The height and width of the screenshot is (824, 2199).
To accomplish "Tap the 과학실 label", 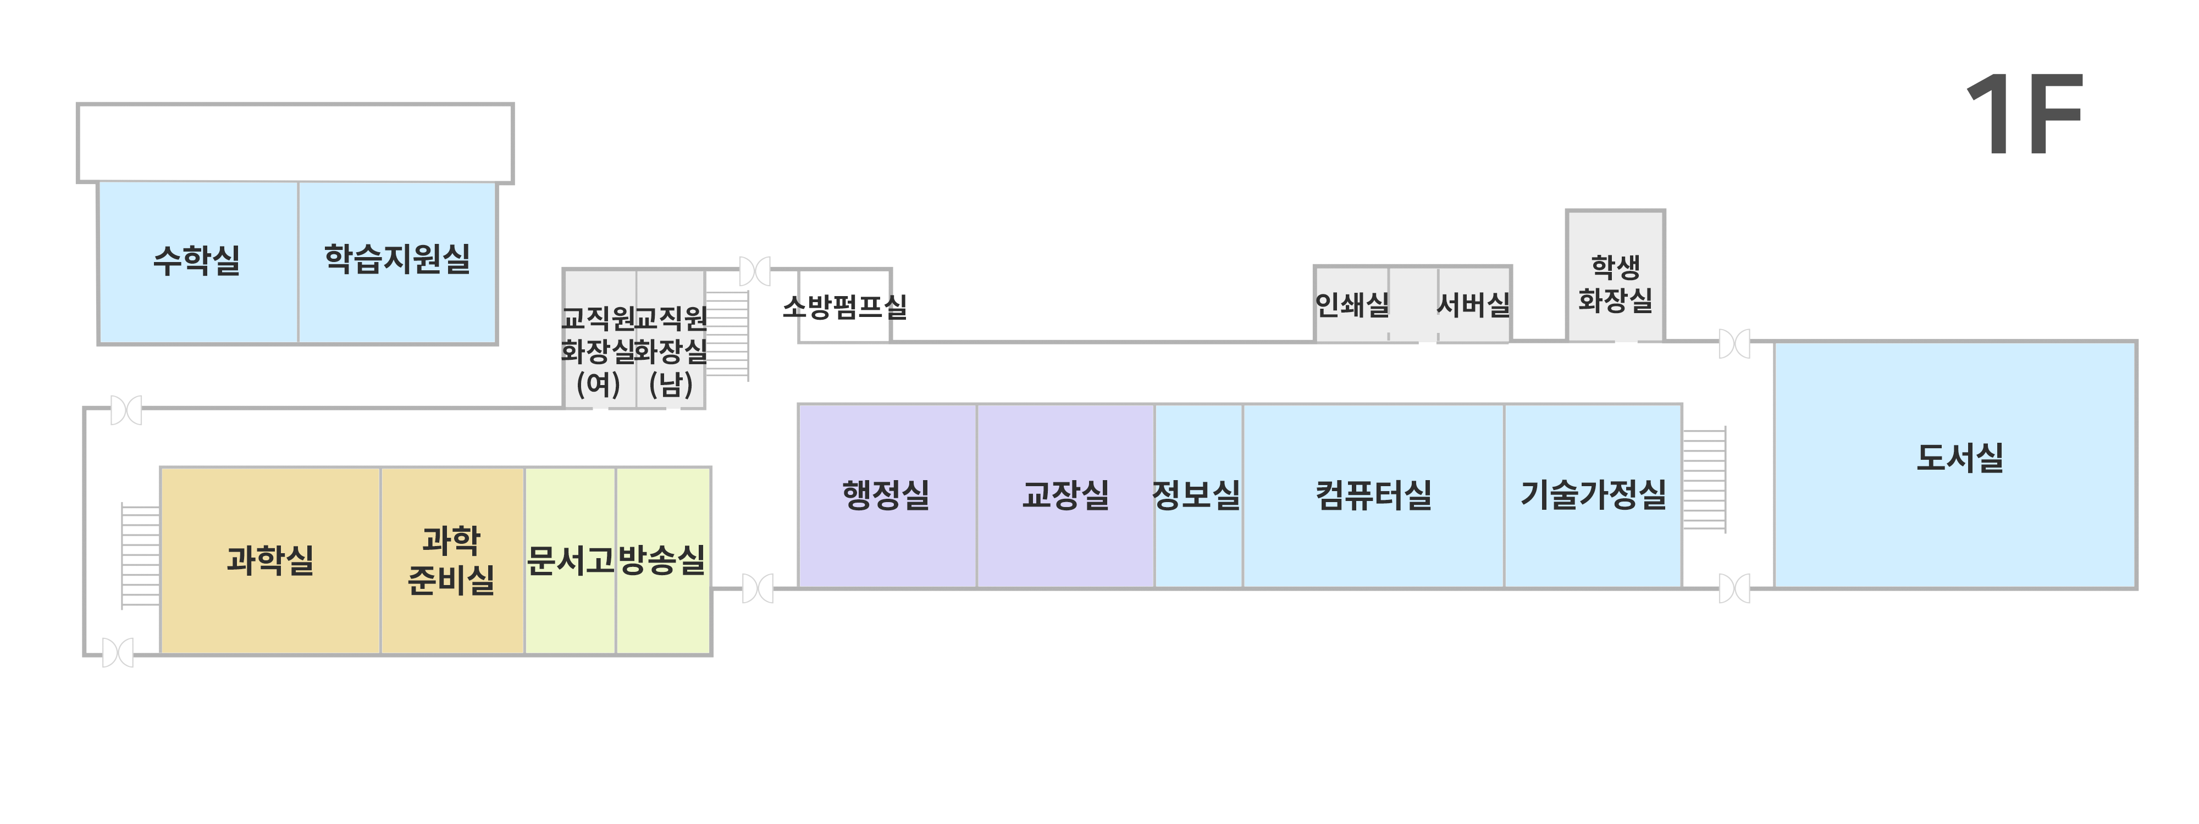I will tap(270, 560).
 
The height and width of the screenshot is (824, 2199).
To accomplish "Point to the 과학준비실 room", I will tap(451, 560).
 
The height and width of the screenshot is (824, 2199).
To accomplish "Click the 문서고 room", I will tap(570, 560).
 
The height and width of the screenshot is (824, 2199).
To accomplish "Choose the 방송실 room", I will tap(662, 560).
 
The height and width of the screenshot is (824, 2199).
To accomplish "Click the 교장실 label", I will tap(1065, 495).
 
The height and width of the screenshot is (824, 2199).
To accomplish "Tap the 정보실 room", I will tap(1197, 495).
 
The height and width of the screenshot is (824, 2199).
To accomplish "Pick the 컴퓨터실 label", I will tap(1373, 495).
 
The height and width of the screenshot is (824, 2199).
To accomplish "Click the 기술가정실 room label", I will tap(1593, 495).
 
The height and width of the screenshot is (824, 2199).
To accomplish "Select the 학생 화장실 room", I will tap(1615, 284).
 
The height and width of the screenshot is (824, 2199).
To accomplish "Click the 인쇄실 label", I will tap(1352, 304).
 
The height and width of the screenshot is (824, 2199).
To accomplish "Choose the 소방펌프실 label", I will tap(844, 306).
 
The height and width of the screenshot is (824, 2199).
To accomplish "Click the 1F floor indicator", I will tap(2025, 115).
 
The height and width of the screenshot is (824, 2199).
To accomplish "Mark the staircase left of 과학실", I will tap(140, 556).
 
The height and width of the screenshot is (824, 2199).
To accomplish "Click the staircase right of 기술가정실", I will tap(1704, 480).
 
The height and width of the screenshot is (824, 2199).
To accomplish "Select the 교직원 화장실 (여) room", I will tap(599, 350).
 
